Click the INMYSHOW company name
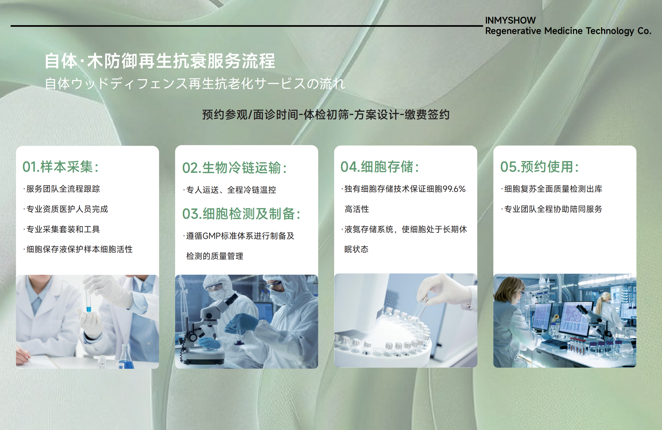[510, 20]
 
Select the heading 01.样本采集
[60, 167]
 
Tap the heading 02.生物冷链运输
[234, 168]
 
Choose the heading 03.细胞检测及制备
[241, 214]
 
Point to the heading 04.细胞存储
[380, 167]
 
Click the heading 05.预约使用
[540, 167]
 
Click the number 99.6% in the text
[454, 189]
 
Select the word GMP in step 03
[212, 236]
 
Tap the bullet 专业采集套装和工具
[61, 229]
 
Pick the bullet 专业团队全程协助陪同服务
[552, 209]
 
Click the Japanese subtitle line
[195, 83]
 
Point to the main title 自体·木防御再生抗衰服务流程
[160, 61]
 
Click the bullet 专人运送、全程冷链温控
[230, 190]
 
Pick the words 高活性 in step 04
[357, 209]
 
